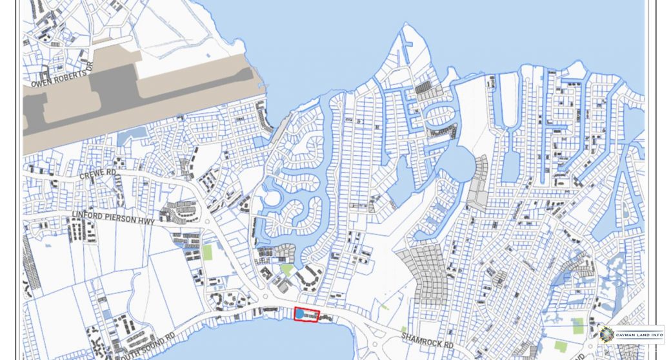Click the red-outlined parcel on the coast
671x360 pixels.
(x=306, y=315)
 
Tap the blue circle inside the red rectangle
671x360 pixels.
(x=299, y=314)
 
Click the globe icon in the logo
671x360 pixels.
(x=606, y=334)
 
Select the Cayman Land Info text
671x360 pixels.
(x=638, y=334)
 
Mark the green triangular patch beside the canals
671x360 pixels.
(x=286, y=269)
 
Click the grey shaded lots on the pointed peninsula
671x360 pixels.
(x=423, y=87)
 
